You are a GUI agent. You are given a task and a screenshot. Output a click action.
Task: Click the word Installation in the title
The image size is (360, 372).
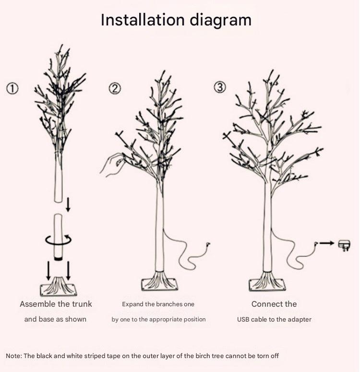(143, 20)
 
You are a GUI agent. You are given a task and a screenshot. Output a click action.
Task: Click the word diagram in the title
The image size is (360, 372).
(220, 21)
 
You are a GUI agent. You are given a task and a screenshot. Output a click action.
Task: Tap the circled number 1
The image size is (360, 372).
(12, 88)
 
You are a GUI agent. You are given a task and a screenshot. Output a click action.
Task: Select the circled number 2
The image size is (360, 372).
(115, 88)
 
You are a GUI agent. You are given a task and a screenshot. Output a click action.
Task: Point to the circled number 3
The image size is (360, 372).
(220, 87)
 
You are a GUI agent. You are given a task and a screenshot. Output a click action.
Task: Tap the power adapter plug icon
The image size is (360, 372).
(344, 246)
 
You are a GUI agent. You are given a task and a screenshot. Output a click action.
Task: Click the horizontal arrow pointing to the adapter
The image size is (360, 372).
(327, 243)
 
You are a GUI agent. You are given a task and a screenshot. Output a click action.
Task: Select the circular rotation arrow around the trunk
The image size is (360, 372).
(59, 240)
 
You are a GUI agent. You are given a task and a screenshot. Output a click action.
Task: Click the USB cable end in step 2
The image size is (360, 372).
(208, 244)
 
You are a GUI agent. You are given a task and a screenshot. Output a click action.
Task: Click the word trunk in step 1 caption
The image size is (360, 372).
(82, 304)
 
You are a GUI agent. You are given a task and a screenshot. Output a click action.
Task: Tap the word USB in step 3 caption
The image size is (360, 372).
(243, 319)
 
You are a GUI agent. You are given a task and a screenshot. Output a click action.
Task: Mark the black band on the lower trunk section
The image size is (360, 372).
(58, 258)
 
